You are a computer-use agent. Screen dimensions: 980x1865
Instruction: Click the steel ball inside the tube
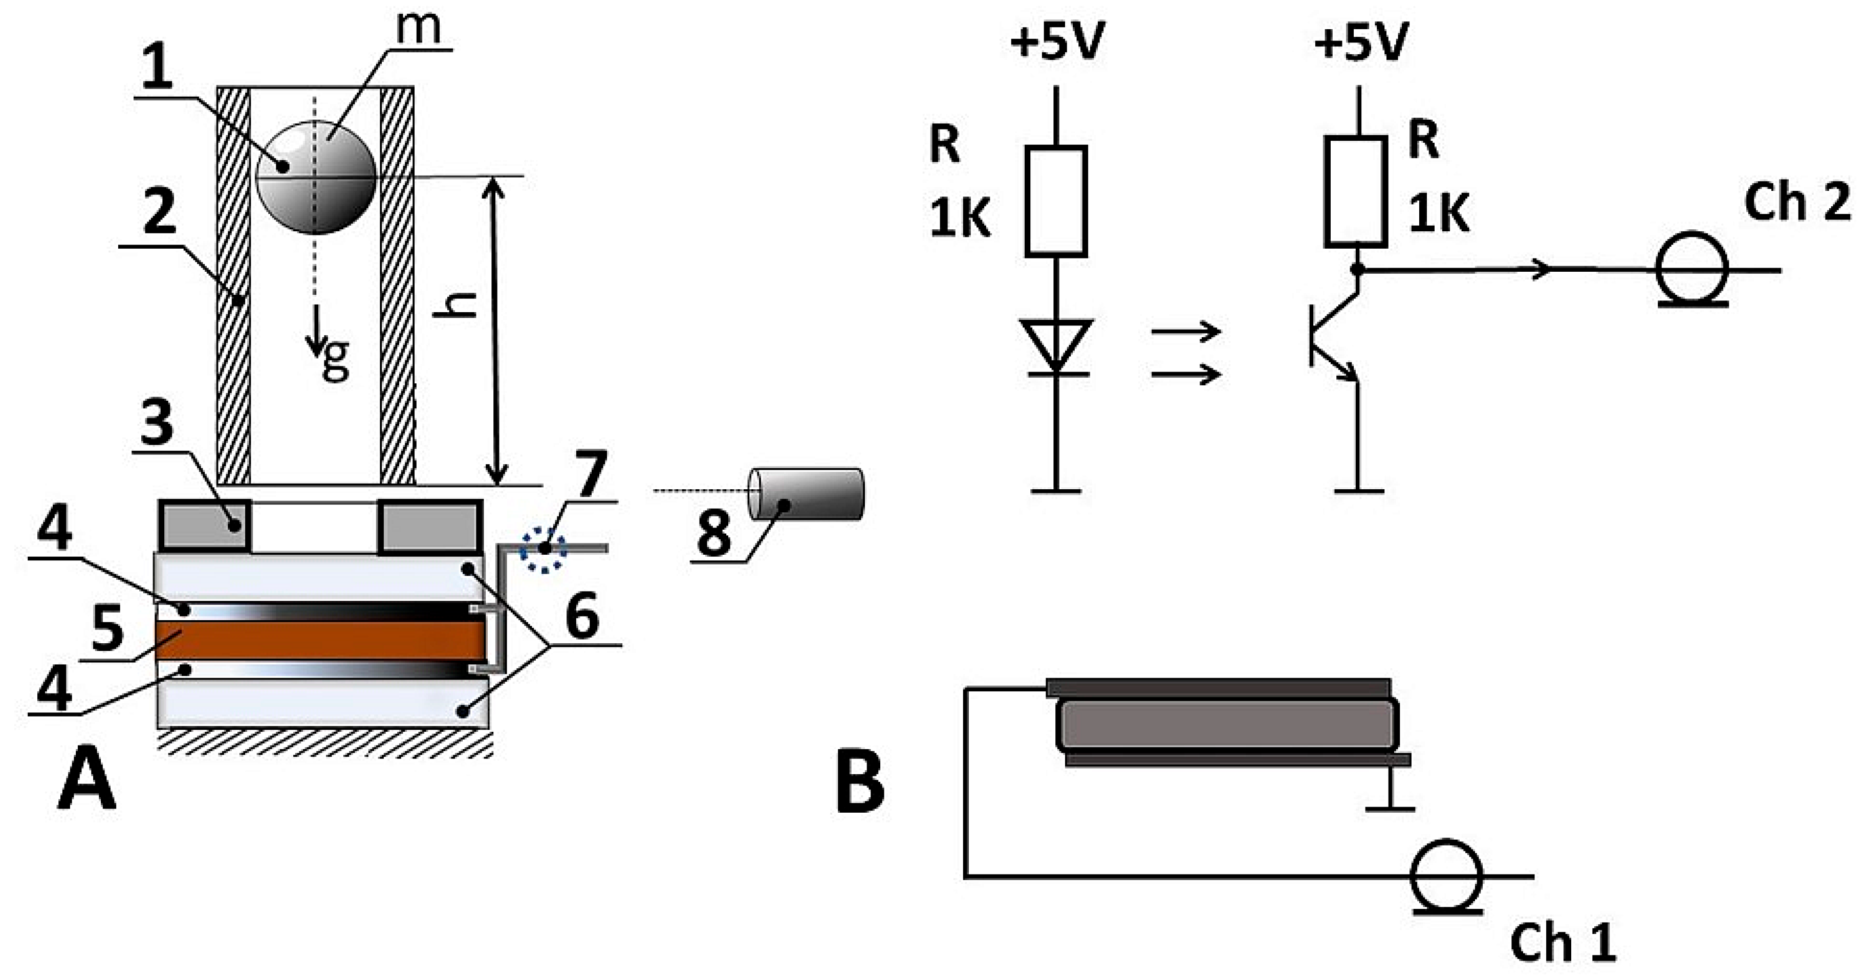316,178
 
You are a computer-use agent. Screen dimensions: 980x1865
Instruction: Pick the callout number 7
591,475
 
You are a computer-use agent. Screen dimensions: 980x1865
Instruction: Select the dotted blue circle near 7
544,550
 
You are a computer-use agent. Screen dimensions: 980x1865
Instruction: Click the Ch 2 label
1797,203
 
